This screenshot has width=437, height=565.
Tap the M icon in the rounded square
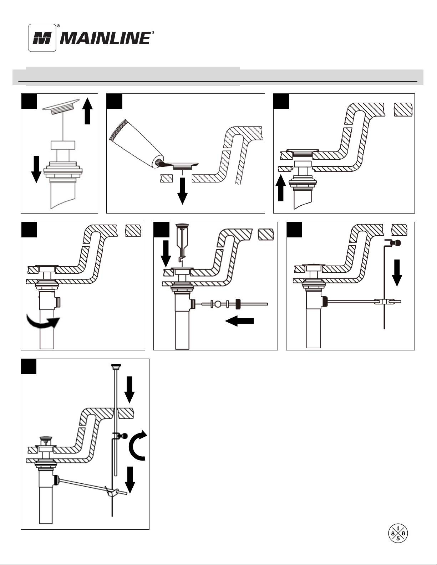(42, 38)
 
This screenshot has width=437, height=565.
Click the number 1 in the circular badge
(398, 528)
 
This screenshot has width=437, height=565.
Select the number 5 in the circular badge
(398, 538)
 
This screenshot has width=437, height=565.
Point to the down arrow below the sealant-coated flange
(182, 191)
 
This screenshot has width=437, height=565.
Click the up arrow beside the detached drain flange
(87, 111)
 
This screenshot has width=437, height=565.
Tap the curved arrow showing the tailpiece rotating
(42, 322)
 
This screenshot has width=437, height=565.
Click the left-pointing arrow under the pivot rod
(239, 321)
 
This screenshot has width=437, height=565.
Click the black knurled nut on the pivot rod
(238, 304)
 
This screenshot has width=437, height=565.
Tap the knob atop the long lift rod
(116, 366)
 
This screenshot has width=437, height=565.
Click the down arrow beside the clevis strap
(397, 273)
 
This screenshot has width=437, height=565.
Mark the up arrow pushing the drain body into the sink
(281, 188)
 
